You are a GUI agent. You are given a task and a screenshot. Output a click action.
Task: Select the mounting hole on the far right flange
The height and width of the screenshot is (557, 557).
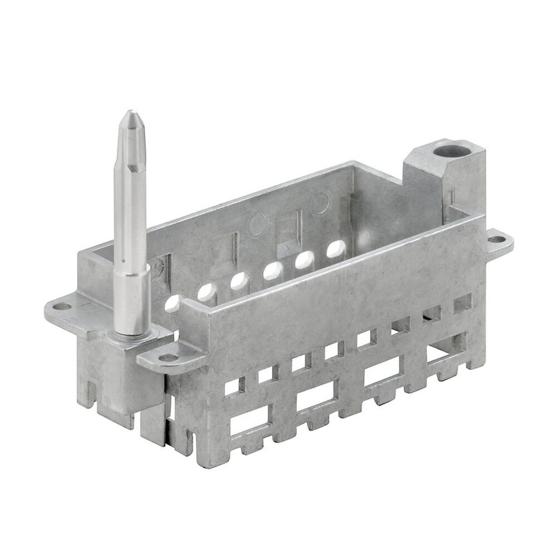point(495,240)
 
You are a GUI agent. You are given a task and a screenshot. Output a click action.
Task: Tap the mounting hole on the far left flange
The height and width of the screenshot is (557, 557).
point(62,306)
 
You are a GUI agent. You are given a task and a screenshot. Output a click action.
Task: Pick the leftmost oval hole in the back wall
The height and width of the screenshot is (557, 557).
point(173,302)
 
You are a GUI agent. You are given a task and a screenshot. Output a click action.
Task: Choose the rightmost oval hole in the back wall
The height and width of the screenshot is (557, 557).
point(336,248)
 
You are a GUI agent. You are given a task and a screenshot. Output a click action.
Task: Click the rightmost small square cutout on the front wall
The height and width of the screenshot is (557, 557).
point(462,303)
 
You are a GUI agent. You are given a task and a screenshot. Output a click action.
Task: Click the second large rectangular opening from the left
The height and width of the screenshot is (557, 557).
point(316,397)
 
